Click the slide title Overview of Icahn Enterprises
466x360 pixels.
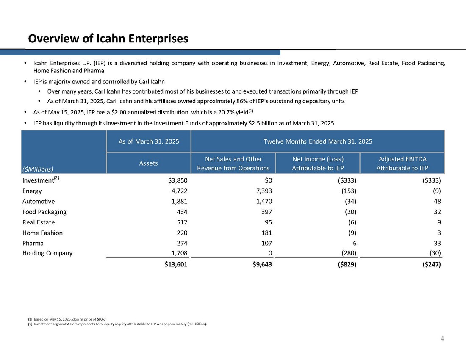(x=108, y=39)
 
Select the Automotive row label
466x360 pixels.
(x=39, y=202)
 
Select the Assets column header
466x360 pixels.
(x=149, y=163)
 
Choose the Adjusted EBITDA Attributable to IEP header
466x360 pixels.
(x=402, y=163)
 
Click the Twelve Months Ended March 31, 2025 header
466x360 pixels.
(x=318, y=141)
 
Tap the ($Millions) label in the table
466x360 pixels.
(x=38, y=169)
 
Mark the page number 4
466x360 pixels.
(x=442, y=338)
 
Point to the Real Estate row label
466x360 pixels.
(x=39, y=222)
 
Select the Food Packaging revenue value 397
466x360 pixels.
(x=266, y=212)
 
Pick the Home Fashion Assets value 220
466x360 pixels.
(x=181, y=233)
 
